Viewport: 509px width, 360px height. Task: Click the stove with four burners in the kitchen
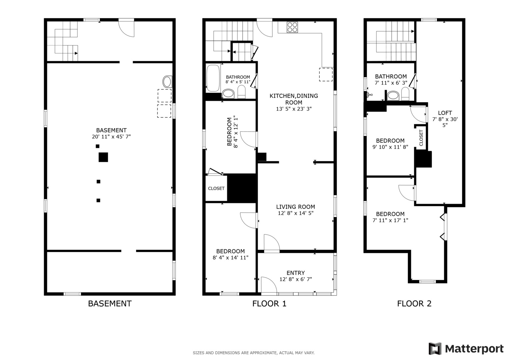pyautogui.click(x=292, y=27)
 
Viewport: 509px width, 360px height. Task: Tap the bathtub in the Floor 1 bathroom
pyautogui.click(x=213, y=78)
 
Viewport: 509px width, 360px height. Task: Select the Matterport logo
pyautogui.click(x=466, y=348)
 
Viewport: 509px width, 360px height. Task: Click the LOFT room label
pyautogui.click(x=445, y=113)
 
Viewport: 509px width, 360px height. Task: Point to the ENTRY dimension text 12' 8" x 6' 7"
pyautogui.click(x=296, y=279)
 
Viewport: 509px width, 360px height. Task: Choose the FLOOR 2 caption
pyautogui.click(x=414, y=304)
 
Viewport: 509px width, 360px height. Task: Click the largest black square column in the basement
pyautogui.click(x=103, y=157)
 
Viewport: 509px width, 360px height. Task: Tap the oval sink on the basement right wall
pyautogui.click(x=167, y=82)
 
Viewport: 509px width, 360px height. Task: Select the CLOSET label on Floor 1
pyautogui.click(x=216, y=188)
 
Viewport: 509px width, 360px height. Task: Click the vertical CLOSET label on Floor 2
pyautogui.click(x=421, y=138)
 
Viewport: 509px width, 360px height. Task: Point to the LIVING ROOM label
pyautogui.click(x=295, y=207)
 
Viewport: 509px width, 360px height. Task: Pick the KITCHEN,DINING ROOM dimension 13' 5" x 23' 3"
pyautogui.click(x=294, y=109)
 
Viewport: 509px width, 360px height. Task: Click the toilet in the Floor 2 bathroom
pyautogui.click(x=405, y=94)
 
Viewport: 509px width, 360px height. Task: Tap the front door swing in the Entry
pyautogui.click(x=269, y=285)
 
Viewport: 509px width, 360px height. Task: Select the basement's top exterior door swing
pyautogui.click(x=126, y=29)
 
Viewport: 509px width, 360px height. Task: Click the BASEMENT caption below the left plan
pyautogui.click(x=110, y=304)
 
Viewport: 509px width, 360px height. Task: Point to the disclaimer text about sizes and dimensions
pyautogui.click(x=254, y=353)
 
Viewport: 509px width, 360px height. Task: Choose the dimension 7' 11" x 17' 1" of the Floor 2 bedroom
pyautogui.click(x=390, y=220)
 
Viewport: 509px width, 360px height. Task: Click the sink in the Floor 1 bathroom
pyautogui.click(x=228, y=94)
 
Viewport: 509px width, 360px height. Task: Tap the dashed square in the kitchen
pyautogui.click(x=326, y=75)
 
